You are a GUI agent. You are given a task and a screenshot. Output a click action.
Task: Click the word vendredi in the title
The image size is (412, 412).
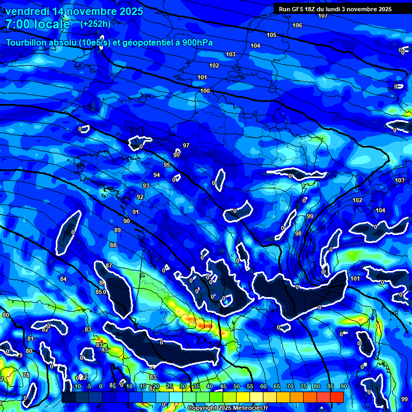click(x=26, y=11)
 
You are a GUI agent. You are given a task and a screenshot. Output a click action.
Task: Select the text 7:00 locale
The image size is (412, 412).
click(x=38, y=24)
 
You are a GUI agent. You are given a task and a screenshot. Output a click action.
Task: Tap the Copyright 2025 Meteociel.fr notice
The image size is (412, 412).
click(x=227, y=408)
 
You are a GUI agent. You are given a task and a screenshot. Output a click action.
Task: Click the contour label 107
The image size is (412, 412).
click(x=322, y=16)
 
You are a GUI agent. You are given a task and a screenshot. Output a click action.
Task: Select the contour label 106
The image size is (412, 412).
click(x=297, y=26)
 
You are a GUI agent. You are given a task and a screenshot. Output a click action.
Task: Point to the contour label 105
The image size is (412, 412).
click(x=271, y=35)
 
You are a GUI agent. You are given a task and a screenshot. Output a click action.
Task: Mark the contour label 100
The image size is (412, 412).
click(x=205, y=91)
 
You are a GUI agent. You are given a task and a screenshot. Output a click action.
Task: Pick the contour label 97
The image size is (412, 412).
click(x=186, y=145)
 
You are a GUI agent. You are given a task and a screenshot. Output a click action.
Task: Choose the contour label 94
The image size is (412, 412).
click(x=157, y=175)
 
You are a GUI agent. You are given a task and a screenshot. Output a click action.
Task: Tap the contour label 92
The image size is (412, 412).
click(x=140, y=197)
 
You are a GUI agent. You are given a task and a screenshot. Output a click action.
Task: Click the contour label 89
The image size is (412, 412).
click(x=117, y=230)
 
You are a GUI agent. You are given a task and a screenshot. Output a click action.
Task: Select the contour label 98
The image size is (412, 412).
click(x=298, y=233)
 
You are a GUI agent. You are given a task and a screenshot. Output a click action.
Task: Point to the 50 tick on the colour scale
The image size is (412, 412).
click(x=237, y=386)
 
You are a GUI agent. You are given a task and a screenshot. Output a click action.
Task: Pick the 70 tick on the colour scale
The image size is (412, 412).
click(x=290, y=386)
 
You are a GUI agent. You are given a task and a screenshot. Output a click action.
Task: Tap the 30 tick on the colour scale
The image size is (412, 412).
click(x=183, y=386)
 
